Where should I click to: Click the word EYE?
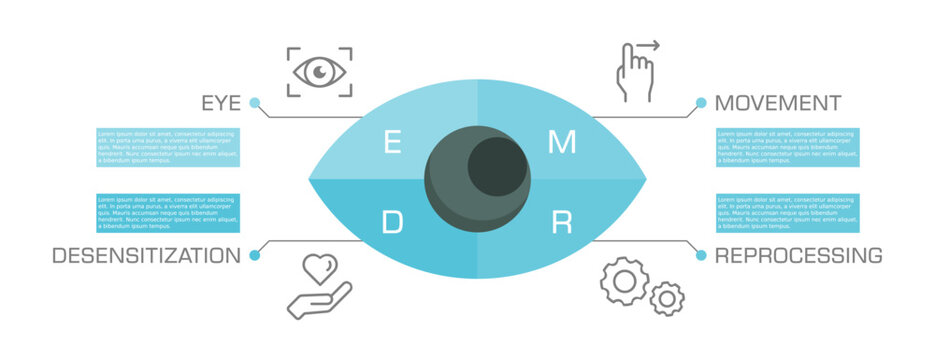(221, 103)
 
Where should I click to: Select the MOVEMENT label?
(777, 103)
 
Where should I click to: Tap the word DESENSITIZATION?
(146, 256)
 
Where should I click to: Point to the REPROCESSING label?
(798, 256)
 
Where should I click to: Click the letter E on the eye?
(394, 143)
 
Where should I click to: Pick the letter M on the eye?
(562, 143)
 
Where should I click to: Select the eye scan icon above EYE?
(319, 71)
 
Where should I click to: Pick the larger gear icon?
(624, 281)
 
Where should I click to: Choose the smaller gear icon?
(667, 297)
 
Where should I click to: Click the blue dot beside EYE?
(255, 102)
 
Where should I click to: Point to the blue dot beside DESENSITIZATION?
(254, 256)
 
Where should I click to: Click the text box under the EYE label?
(168, 147)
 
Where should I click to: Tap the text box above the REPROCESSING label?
(787, 212)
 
